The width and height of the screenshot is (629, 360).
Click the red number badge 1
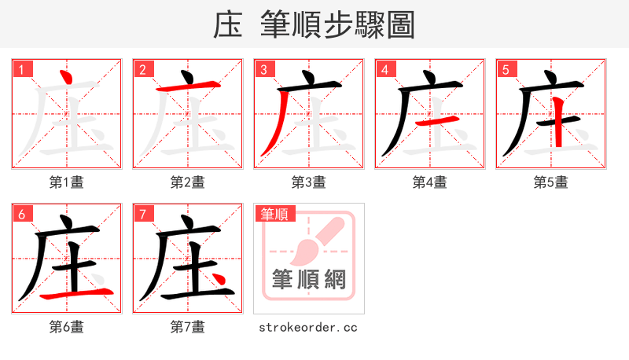pyautogui.click(x=21, y=70)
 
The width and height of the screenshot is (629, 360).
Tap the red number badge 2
pyautogui.click(x=142, y=70)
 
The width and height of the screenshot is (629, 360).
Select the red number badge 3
pyautogui.click(x=263, y=70)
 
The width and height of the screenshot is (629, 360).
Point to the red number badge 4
pyautogui.click(x=384, y=70)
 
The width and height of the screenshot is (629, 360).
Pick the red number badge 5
pyautogui.click(x=506, y=70)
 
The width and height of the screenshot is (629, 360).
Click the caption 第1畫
pyautogui.click(x=66, y=182)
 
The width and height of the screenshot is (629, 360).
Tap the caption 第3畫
pyautogui.click(x=308, y=182)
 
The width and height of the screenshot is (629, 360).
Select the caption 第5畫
pyautogui.click(x=550, y=182)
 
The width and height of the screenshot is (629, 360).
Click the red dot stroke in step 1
pyautogui.click(x=68, y=78)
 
